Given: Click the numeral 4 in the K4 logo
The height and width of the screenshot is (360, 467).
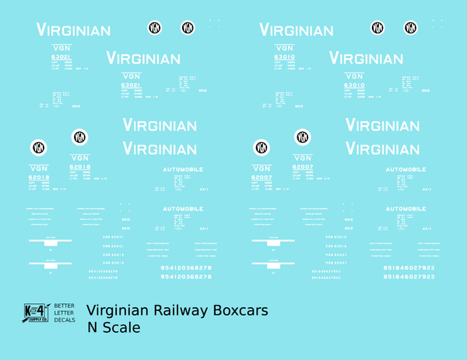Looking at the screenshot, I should [x=41, y=312].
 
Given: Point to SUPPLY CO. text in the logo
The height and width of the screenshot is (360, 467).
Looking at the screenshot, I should [x=37, y=320].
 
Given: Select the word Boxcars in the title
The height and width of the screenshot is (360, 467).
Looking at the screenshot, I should [x=241, y=311].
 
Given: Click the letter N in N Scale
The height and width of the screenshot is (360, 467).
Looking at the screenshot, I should [x=92, y=328].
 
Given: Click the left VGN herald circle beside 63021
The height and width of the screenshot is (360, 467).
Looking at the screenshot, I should [x=155, y=29].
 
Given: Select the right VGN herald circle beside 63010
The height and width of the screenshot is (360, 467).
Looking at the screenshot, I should [x=411, y=28].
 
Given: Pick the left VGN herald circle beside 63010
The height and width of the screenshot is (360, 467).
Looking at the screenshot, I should [x=378, y=28].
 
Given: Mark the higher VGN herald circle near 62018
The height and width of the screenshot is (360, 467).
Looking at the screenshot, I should [x=79, y=137].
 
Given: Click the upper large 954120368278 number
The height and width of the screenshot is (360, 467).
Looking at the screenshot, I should [x=180, y=267].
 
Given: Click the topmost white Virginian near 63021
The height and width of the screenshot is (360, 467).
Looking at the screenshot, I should [x=74, y=30].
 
